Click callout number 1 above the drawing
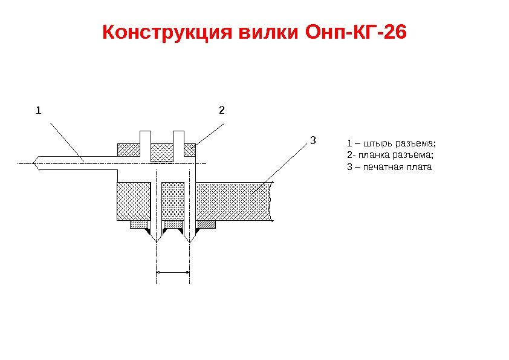38,111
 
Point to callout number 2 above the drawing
221,111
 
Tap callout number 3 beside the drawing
313,141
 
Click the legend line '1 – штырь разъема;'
391,143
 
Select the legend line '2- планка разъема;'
391,155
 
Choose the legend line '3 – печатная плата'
390,166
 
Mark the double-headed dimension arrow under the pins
173,273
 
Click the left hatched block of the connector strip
128,149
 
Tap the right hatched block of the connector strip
189,149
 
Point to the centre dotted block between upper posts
161,151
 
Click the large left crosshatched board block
133,201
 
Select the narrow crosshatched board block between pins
173,201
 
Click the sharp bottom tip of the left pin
157,241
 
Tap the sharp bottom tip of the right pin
190,241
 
